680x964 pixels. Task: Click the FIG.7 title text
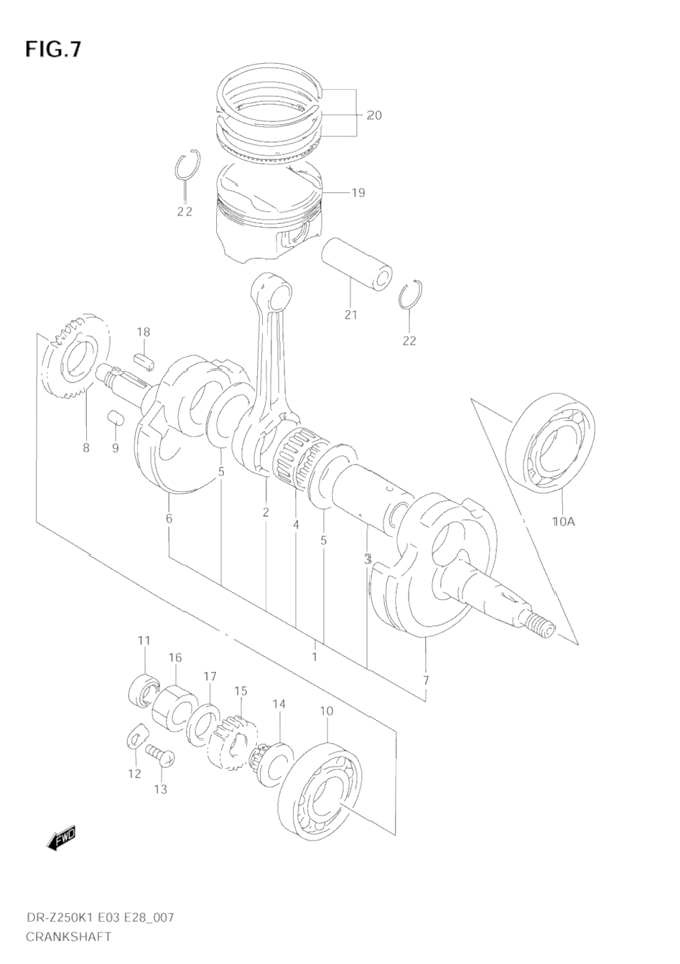pyautogui.click(x=53, y=49)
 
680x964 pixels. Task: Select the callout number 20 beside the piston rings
pyautogui.click(x=374, y=116)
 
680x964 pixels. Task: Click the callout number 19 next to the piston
pyautogui.click(x=358, y=192)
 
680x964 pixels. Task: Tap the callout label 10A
pyautogui.click(x=564, y=522)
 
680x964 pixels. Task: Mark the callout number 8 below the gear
pyautogui.click(x=86, y=448)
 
